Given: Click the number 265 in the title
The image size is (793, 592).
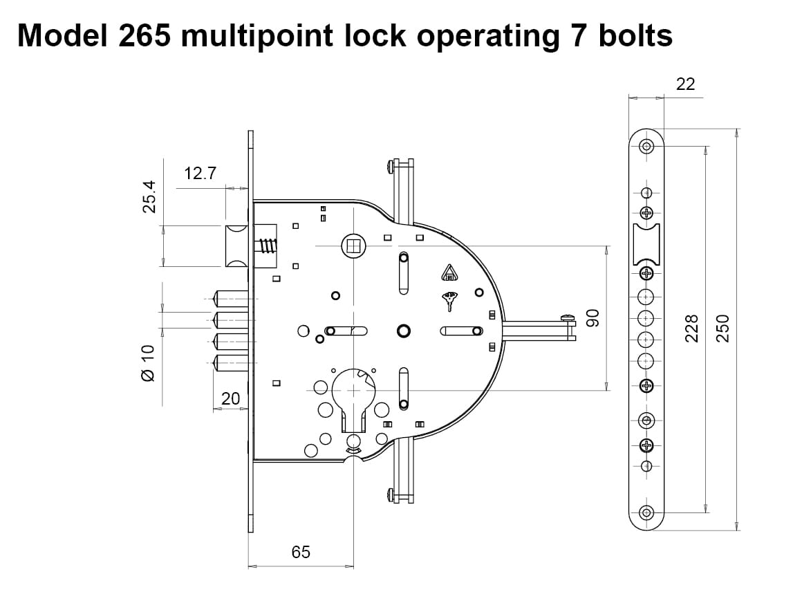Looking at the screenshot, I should click(144, 35).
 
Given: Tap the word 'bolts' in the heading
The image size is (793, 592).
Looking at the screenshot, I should click(635, 35).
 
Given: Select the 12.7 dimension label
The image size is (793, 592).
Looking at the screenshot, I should click(200, 174).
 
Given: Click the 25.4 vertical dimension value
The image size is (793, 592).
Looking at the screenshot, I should click(149, 197).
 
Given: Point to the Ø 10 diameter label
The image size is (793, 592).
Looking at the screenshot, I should click(147, 362).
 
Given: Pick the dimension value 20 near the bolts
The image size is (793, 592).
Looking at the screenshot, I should click(230, 398).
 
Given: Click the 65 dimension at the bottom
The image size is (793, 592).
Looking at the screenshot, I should click(301, 551).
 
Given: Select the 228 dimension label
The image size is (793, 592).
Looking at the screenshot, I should click(691, 328).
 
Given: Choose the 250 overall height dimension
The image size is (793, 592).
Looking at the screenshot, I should click(722, 328).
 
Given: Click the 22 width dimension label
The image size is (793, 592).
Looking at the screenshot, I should click(685, 84).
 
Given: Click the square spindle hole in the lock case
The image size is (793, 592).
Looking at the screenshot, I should click(352, 245).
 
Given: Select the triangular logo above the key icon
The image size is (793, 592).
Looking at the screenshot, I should click(449, 273).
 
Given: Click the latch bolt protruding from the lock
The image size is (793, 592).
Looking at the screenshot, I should click(235, 245).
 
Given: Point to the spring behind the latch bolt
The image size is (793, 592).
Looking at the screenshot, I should click(267, 245).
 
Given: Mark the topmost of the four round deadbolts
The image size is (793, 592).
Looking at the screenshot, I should click(230, 299).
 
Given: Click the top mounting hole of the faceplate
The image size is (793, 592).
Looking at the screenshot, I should click(646, 146).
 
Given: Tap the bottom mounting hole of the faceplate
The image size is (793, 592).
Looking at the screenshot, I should click(646, 512).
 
